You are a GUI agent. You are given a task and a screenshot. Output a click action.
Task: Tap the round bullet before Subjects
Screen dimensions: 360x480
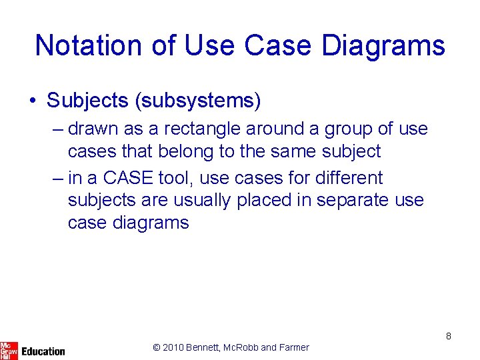[33, 101]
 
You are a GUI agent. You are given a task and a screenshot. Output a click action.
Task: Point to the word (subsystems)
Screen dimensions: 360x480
[197, 101]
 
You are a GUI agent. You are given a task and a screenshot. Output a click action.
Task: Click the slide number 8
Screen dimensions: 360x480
[449, 336]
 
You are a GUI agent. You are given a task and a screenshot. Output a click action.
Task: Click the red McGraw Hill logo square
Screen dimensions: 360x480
[9, 350]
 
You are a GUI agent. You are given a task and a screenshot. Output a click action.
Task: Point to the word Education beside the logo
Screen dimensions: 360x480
[43, 351]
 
